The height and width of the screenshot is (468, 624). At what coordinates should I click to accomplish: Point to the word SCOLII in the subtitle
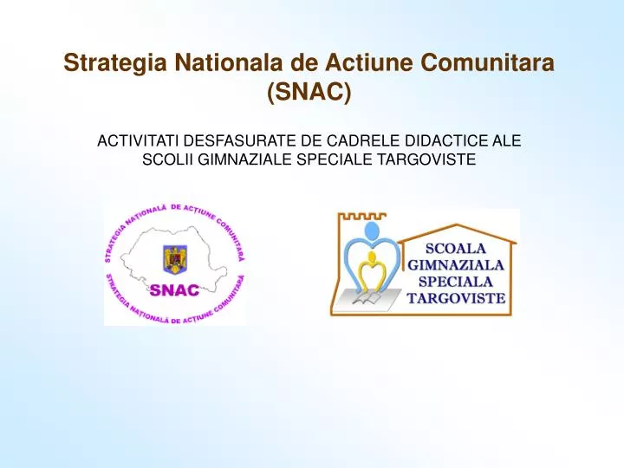point(162,159)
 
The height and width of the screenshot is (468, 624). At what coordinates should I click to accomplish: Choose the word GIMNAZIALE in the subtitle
point(231,159)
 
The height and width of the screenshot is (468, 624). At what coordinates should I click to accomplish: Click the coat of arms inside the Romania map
point(175,258)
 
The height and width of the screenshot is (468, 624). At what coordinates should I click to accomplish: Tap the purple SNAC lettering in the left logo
point(175,289)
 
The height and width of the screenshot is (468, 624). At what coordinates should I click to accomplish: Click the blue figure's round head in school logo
point(374,231)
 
